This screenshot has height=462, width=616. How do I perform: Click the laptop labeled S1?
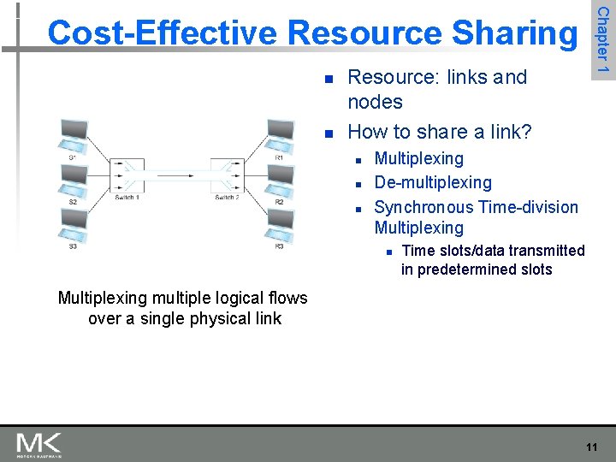pos(73,135)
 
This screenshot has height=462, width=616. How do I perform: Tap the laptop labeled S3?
pos(73,224)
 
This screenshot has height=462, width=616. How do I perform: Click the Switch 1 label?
pos(127,198)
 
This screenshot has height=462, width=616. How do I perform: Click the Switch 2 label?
pos(227,198)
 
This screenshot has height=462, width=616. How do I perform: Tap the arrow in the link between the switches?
pos(176,175)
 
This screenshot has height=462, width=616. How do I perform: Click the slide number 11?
pos(591,447)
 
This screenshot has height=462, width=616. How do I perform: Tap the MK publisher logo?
pos(38,444)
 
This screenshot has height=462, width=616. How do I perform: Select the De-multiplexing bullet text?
pos(433,182)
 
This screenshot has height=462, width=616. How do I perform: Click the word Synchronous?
pos(423,207)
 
